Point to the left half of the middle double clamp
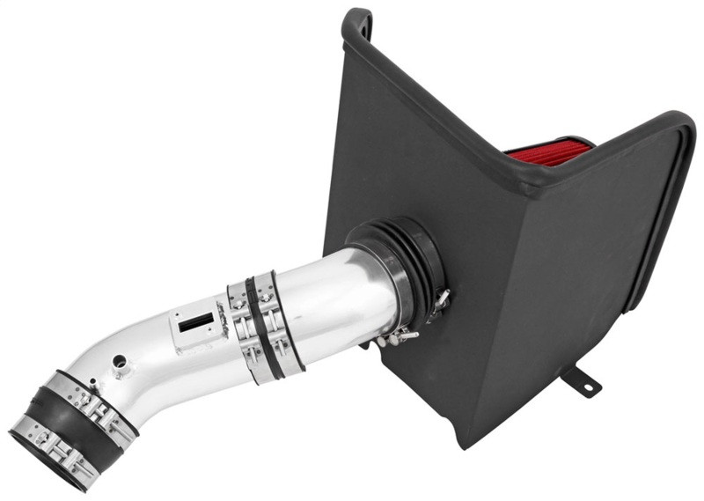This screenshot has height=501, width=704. point(241,330)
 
